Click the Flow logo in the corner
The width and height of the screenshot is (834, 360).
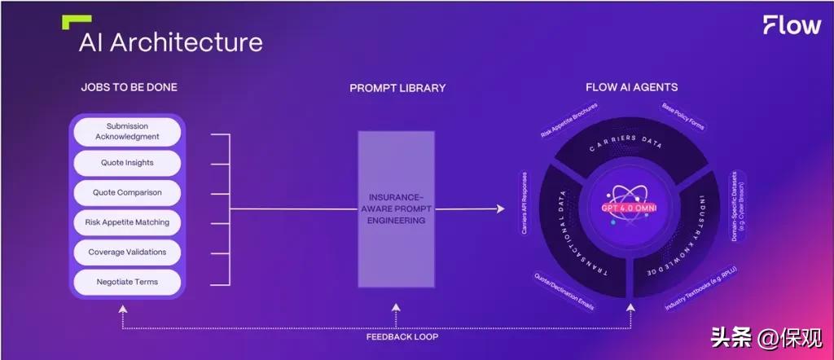(792, 25)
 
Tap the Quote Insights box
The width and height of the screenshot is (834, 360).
(127, 163)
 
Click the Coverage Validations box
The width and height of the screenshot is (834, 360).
(127, 252)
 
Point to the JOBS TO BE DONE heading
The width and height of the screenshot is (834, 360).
(129, 87)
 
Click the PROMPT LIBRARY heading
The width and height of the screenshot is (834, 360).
(397, 88)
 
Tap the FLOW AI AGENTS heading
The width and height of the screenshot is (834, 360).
(631, 87)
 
